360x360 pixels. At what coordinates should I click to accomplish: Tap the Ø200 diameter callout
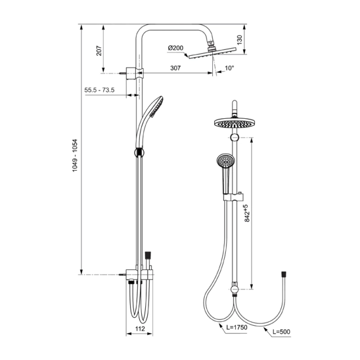click(175, 48)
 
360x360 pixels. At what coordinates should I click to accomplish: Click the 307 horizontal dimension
click(175, 68)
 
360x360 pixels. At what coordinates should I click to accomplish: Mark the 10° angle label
click(229, 68)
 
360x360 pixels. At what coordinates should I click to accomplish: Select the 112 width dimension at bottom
click(139, 329)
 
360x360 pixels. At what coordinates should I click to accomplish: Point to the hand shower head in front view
click(225, 159)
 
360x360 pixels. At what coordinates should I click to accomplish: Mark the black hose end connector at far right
click(285, 274)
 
